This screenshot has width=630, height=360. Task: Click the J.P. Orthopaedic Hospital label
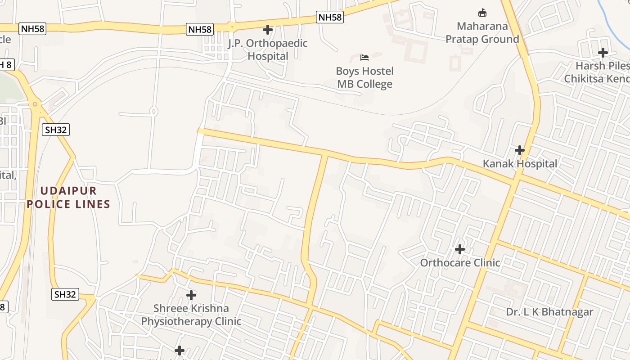click(x=268, y=49)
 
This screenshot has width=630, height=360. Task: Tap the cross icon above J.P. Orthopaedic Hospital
click(x=268, y=30)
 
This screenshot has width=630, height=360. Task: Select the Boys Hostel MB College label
click(x=364, y=77)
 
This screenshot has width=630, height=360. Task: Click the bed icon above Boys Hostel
click(x=364, y=57)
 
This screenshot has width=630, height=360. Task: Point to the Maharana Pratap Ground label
click(x=482, y=33)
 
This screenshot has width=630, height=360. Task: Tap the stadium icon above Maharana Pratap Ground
click(x=482, y=12)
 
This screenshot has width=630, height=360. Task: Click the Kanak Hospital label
click(x=520, y=164)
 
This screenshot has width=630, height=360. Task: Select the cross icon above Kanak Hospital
click(x=520, y=150)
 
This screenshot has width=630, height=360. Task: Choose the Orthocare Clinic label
click(x=460, y=263)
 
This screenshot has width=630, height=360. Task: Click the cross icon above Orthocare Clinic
click(x=460, y=249)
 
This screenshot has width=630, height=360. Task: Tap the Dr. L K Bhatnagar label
click(x=549, y=312)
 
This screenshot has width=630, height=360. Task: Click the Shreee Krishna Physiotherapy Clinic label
click(x=191, y=315)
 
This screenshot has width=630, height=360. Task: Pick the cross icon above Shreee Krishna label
click(x=191, y=295)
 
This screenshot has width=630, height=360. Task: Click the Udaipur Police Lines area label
click(x=68, y=197)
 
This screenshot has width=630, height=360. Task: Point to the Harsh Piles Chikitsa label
click(x=597, y=72)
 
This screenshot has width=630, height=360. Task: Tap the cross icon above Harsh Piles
click(x=603, y=53)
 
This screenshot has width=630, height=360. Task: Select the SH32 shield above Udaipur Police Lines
click(x=56, y=130)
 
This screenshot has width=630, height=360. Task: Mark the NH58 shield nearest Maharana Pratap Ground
click(x=330, y=17)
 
